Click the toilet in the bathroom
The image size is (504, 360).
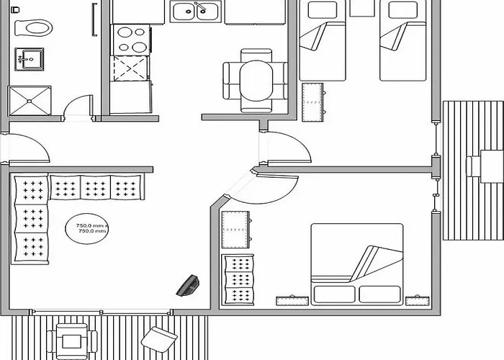[33, 27]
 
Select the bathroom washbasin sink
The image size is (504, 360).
[29, 59]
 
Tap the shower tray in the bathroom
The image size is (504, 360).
[30, 101]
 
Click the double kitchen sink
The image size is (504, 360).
[195, 12]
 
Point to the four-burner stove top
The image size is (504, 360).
[130, 40]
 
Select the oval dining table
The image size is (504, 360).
[256, 81]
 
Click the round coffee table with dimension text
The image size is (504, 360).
[87, 228]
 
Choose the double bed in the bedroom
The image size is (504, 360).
[357, 264]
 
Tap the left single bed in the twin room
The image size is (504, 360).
[322, 40]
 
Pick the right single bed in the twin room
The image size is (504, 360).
[402, 40]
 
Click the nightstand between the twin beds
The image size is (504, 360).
[362, 8]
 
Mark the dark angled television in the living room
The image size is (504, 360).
[188, 285]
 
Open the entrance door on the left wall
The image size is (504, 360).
[28, 148]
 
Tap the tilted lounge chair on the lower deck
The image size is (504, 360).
[159, 339]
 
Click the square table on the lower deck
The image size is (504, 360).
[72, 341]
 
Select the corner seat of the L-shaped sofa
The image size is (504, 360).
[31, 189]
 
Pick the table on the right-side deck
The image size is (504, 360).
[492, 166]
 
